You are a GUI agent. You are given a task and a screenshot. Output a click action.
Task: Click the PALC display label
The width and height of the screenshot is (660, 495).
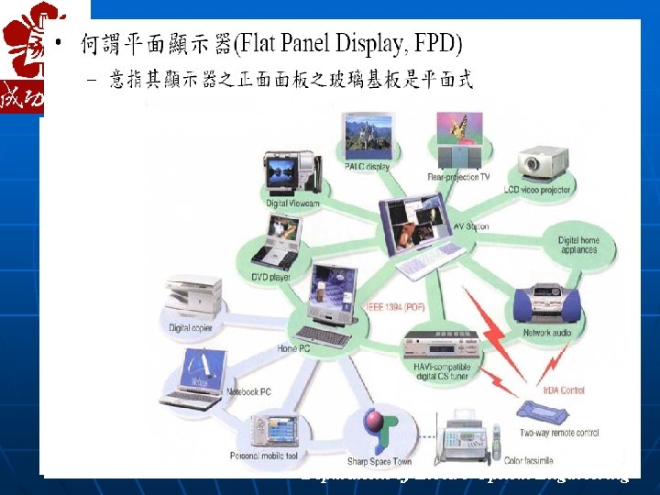(x=367, y=167)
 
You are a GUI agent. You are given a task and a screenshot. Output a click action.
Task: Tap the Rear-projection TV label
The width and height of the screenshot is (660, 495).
(x=458, y=177)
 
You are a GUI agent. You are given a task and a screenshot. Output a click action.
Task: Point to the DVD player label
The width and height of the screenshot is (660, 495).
(x=271, y=276)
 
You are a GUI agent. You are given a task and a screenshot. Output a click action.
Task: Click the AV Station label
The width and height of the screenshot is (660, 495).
(x=471, y=226)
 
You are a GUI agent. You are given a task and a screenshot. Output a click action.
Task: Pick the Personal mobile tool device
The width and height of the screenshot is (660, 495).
(x=279, y=432)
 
